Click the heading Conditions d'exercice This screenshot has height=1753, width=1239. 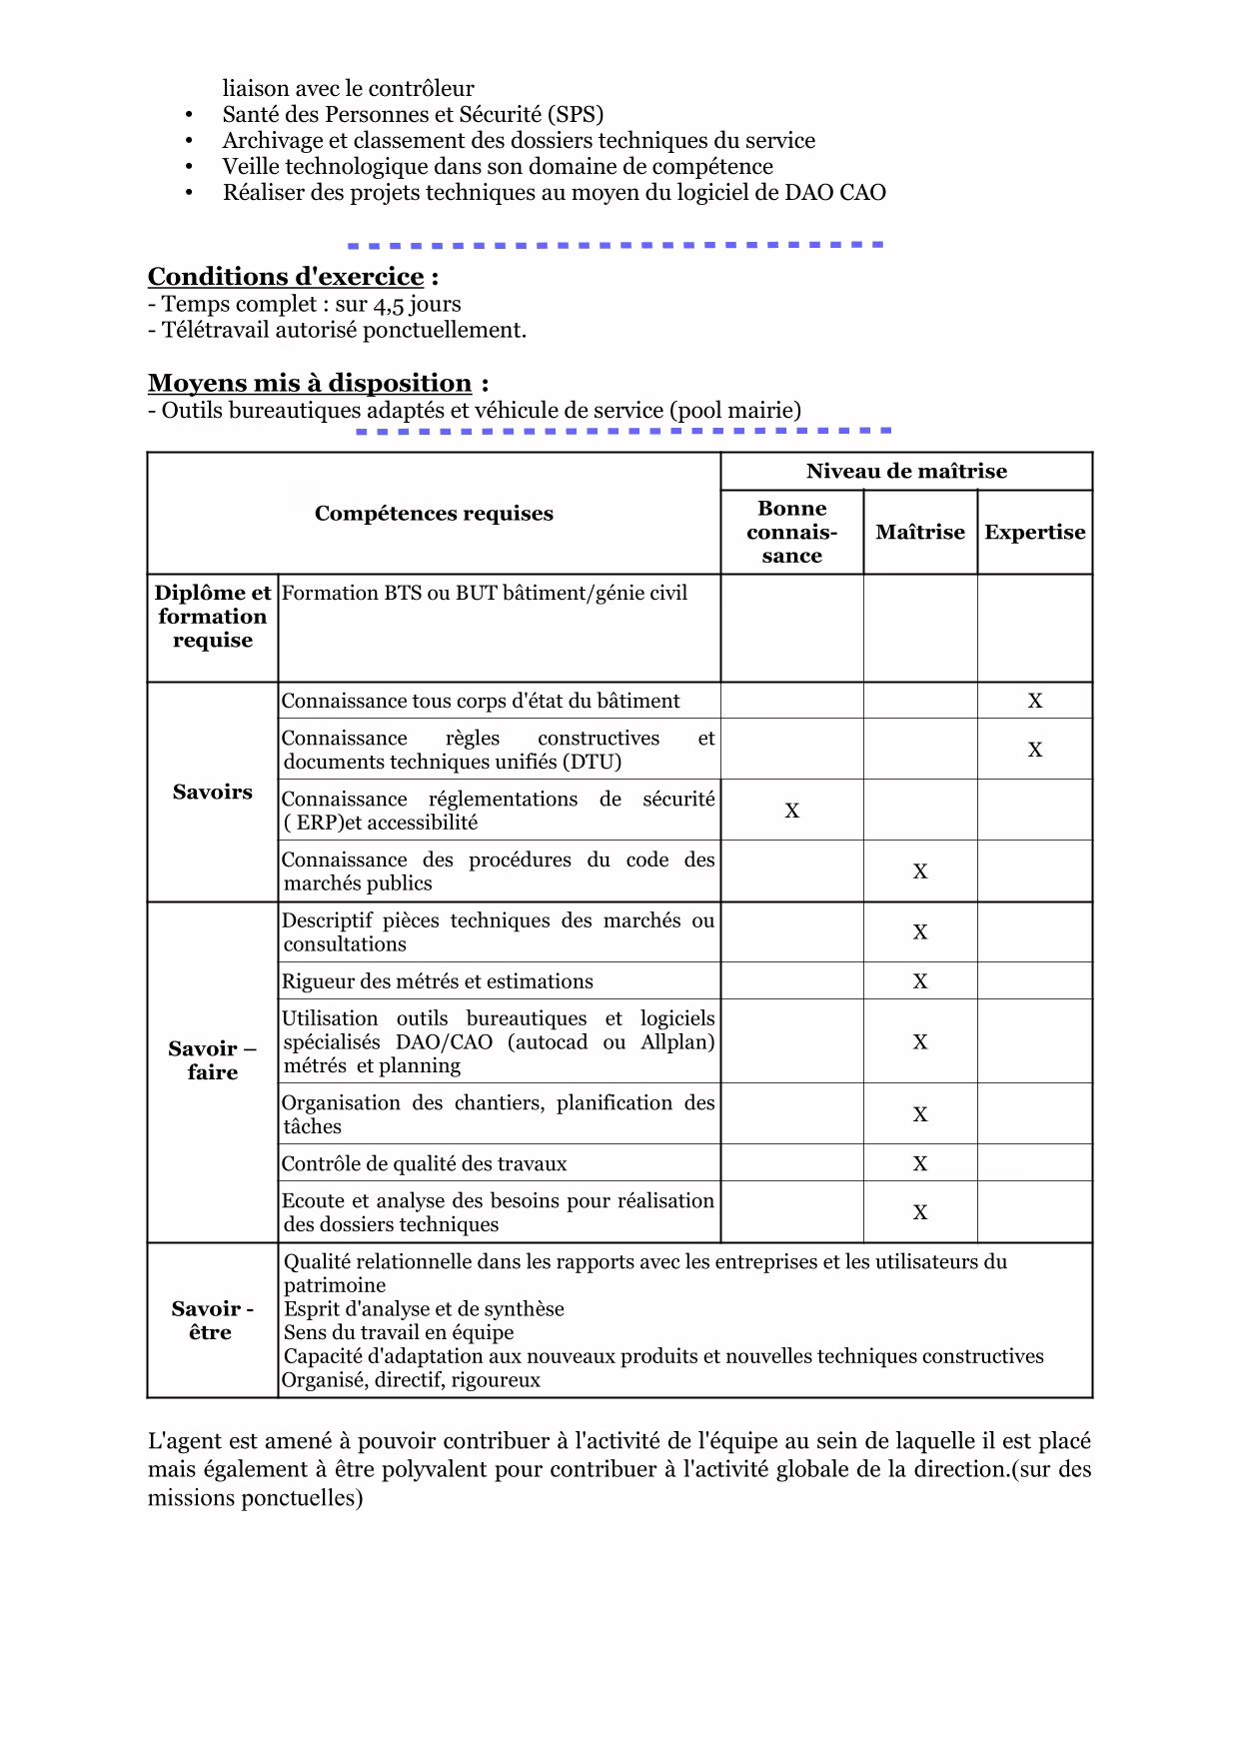pos(286,277)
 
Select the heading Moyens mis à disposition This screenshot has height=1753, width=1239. pos(310,383)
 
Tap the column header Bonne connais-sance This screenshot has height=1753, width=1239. pos(791,532)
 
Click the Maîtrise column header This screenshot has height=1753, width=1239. pos(920,532)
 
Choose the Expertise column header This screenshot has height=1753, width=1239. pos(1034,532)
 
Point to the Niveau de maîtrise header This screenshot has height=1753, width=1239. pos(906,471)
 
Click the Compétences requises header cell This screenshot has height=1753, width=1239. pos(434,514)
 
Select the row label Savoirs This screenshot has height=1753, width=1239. pos(212,793)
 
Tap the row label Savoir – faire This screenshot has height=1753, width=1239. pos(212,1060)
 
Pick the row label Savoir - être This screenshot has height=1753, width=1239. pos(212,1320)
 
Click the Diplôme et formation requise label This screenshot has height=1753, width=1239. pos(212,617)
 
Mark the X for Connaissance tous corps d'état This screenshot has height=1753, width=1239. pos(1035,701)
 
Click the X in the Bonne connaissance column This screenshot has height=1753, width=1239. pos(792,811)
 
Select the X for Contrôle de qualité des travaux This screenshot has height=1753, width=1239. pos(920,1163)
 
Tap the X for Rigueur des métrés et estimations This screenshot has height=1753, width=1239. pos(920,981)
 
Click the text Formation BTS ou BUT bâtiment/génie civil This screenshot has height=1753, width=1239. pos(485,593)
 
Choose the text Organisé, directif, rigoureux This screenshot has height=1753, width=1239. pos(411,1380)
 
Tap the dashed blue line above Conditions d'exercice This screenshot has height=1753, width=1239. pos(615,245)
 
